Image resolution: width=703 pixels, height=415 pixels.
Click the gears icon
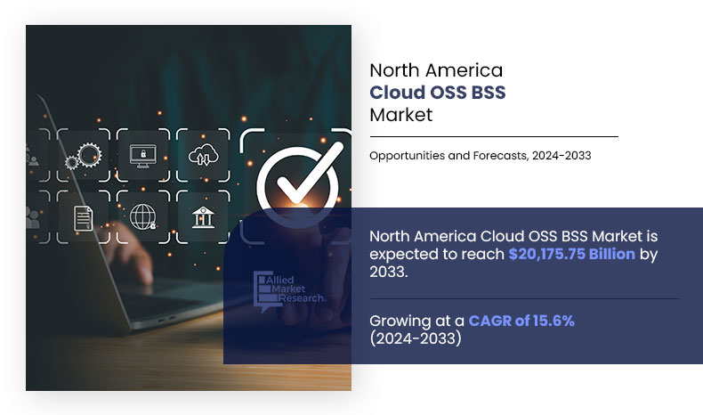(83, 156)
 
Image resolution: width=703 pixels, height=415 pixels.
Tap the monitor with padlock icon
(142, 156)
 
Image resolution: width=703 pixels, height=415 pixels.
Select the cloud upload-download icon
(202, 156)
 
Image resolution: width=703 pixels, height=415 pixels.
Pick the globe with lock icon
(142, 216)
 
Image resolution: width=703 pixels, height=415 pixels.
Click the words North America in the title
(436, 70)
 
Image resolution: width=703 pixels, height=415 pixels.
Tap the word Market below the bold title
(400, 115)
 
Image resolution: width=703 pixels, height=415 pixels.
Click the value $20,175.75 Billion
(571, 254)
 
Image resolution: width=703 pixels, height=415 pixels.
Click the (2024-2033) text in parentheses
(415, 338)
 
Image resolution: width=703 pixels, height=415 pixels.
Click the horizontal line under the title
(493, 137)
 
